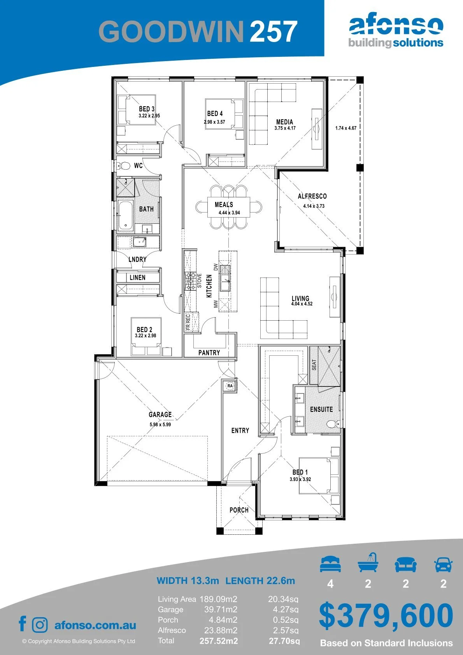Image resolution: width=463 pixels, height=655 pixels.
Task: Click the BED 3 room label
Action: coord(147,109)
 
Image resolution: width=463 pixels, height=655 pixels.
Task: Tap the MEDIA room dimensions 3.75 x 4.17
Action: coord(285,128)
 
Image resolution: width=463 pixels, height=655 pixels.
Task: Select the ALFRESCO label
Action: coord(312,196)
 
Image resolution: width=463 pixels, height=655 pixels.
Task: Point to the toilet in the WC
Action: coord(124,166)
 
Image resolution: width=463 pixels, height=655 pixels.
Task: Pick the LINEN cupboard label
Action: coord(137,277)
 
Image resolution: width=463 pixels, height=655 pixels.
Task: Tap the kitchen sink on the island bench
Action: coord(225,278)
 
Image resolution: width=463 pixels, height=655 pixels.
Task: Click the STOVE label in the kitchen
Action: coord(200,281)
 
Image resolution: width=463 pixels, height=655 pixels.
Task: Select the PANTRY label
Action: coord(209,353)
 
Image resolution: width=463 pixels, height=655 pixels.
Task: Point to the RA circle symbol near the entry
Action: coord(230,386)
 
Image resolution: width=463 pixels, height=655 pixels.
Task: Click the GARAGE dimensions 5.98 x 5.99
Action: coord(160,424)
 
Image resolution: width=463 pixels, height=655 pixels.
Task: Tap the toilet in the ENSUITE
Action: coord(332,424)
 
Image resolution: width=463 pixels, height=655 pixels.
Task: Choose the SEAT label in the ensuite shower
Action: coord(314,365)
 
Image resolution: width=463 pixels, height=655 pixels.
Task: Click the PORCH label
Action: coord(239,510)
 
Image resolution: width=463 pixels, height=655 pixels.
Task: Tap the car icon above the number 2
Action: coord(444,564)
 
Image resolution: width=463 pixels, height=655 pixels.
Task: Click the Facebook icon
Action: coord(23,623)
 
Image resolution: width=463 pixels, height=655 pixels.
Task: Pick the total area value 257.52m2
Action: coord(219,641)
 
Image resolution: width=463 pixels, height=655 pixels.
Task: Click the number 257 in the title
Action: coord(273,32)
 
